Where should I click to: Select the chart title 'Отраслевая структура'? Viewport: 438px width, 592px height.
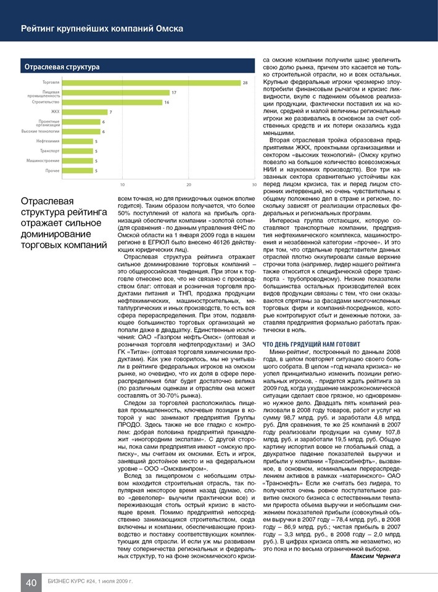coord(62,66)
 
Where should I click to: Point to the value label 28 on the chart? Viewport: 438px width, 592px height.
coord(246,82)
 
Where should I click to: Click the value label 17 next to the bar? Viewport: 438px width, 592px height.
coord(175,92)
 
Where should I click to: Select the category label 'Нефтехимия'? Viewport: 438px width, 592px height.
coord(48,141)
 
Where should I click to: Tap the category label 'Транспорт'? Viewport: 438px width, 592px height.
coord(49,150)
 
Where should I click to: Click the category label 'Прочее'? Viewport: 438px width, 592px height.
coord(52,170)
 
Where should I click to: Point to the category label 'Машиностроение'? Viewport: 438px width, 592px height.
coord(43,160)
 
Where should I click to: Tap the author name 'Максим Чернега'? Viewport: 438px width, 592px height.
coord(375,556)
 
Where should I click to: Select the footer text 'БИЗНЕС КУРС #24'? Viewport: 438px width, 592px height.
coord(69,582)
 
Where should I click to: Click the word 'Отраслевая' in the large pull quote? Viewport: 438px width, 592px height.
coord(48,202)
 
